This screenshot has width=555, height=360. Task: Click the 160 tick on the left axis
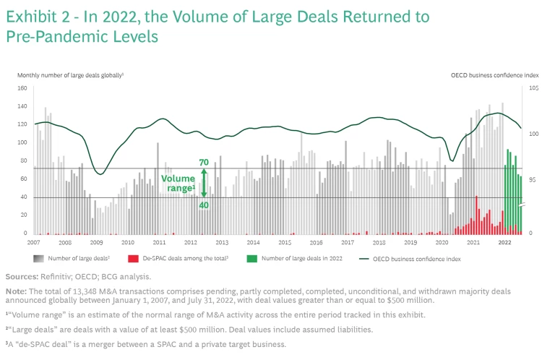(x=22, y=88)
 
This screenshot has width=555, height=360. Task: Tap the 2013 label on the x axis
(x=222, y=242)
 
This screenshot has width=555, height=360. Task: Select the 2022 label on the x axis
(x=505, y=242)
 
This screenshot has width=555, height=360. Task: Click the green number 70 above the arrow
(x=204, y=162)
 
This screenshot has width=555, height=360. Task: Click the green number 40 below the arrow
(x=204, y=205)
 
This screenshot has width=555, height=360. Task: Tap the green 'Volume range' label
(x=178, y=183)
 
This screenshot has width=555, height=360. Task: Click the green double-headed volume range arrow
(x=204, y=183)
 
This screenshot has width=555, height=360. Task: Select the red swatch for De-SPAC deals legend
(x=133, y=258)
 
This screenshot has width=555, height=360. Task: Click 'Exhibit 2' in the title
(x=35, y=16)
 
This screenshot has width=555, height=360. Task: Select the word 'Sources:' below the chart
(x=21, y=275)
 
